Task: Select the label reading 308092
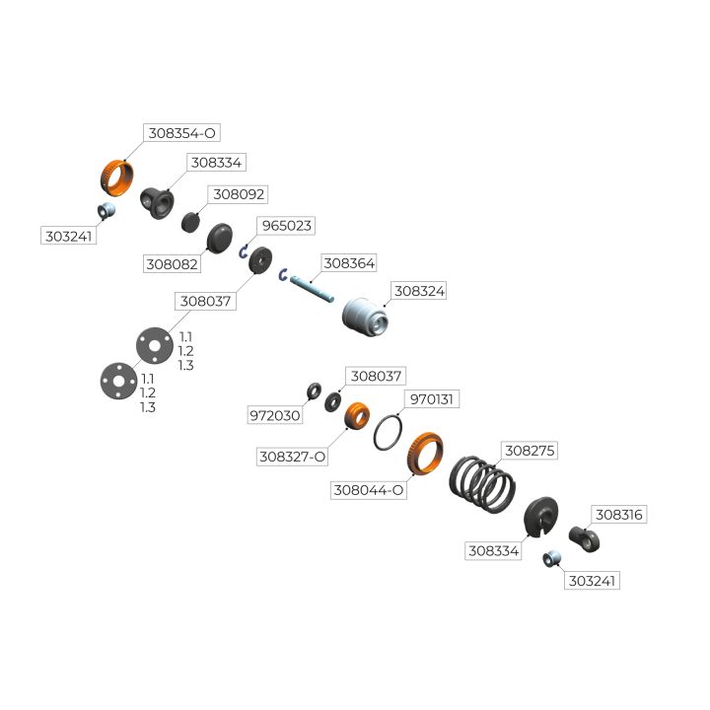pyautogui.click(x=240, y=194)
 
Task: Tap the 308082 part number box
pyautogui.click(x=172, y=264)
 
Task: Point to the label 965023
pyautogui.click(x=286, y=226)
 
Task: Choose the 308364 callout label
pyautogui.click(x=349, y=263)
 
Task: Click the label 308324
pyautogui.click(x=419, y=291)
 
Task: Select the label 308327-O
pyautogui.click(x=292, y=457)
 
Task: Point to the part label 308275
pyautogui.click(x=530, y=450)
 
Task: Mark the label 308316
pyautogui.click(x=620, y=515)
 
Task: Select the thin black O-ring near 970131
pyautogui.click(x=389, y=431)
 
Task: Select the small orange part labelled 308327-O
pyautogui.click(x=356, y=415)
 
